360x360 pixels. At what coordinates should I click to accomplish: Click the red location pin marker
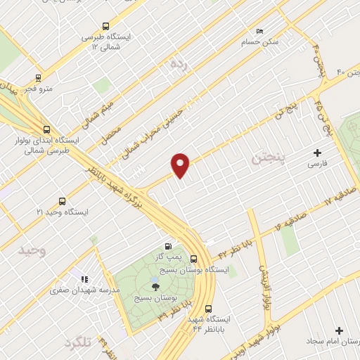[x=181, y=165]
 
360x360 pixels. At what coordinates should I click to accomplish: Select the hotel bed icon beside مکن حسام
[x=259, y=32]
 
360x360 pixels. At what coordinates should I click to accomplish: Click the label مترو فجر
[x=33, y=89]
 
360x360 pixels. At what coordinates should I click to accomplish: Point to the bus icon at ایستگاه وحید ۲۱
[x=63, y=200]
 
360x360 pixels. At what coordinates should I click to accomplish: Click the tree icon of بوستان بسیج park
[x=155, y=286]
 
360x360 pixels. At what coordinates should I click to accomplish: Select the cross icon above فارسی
[x=317, y=153]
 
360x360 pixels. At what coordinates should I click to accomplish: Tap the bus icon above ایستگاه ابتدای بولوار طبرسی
[x=46, y=129]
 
